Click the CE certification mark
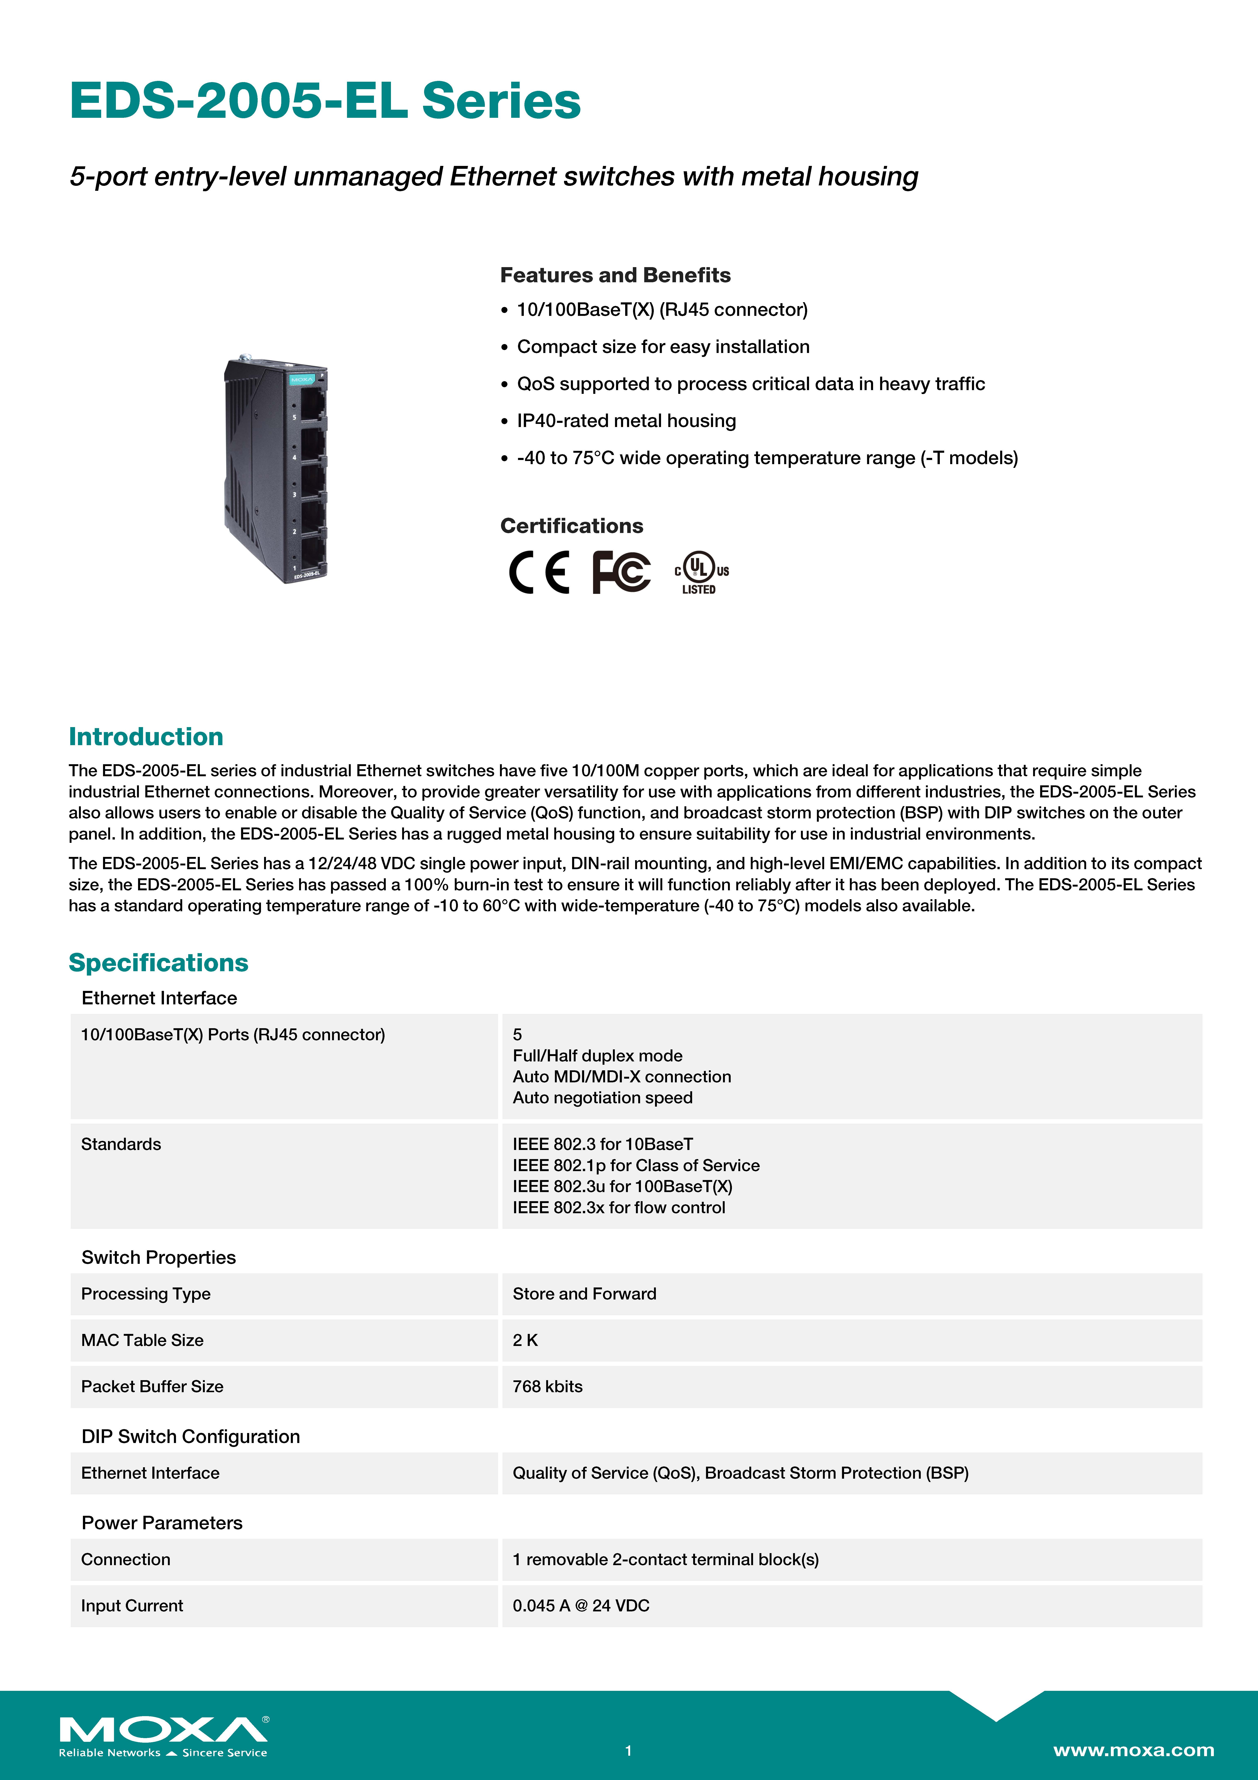539,572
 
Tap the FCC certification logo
621,572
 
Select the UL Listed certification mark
701,572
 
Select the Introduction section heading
146,736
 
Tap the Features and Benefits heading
615,275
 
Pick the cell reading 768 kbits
547,1386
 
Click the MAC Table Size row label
142,1340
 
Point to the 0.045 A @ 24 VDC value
581,1606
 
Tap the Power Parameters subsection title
161,1523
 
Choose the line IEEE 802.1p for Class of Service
636,1165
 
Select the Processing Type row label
146,1293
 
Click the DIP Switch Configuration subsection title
190,1437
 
